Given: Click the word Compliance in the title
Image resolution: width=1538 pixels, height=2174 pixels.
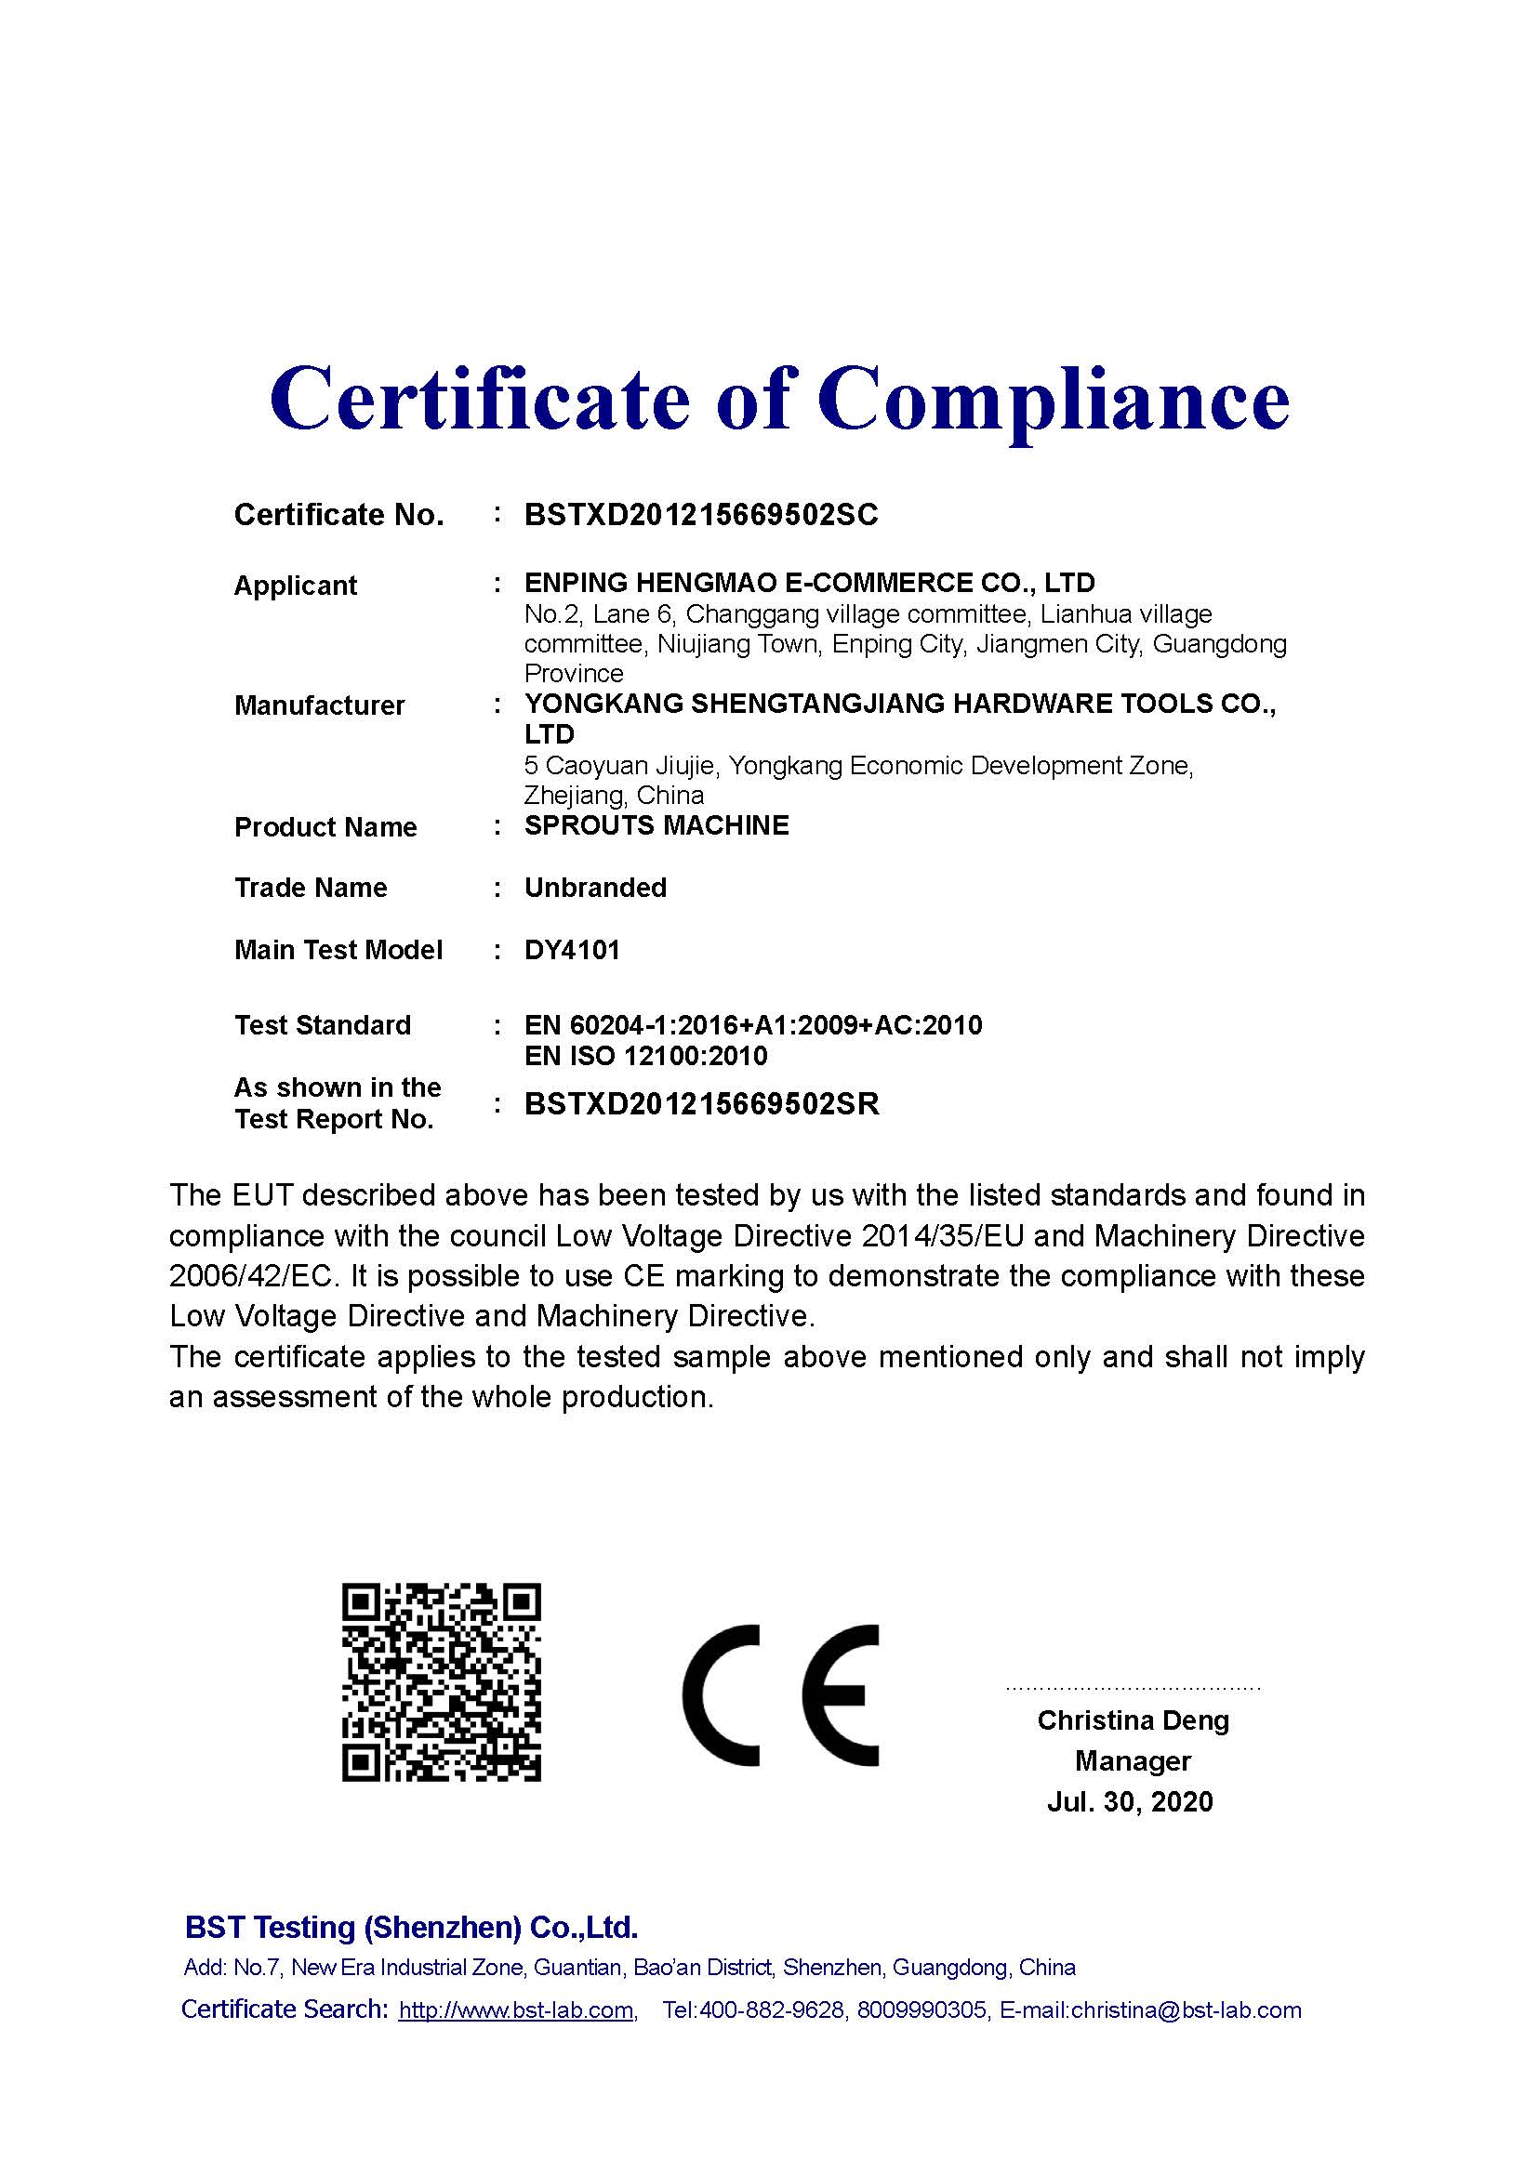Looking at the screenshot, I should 1054,399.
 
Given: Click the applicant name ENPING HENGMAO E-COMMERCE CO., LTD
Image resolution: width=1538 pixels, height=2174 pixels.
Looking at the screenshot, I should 810,583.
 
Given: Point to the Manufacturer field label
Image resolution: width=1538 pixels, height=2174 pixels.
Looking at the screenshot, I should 319,705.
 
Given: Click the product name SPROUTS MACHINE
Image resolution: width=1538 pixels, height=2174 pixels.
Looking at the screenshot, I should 656,825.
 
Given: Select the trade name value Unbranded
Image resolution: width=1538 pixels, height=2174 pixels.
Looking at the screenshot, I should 596,888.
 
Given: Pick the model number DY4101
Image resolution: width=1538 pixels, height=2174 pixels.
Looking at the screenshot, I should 572,950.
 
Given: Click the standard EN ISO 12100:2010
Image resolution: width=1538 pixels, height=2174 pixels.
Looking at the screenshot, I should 646,1056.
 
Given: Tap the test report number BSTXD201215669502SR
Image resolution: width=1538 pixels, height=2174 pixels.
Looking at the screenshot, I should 702,1104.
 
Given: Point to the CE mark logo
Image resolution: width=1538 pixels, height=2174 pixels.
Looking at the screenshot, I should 780,1695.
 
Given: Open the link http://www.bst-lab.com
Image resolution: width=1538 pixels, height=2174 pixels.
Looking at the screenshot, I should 516,2010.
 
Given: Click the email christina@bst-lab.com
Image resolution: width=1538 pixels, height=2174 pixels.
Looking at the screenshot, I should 1186,2010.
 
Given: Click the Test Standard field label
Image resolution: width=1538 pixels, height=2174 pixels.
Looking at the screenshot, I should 322,1025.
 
